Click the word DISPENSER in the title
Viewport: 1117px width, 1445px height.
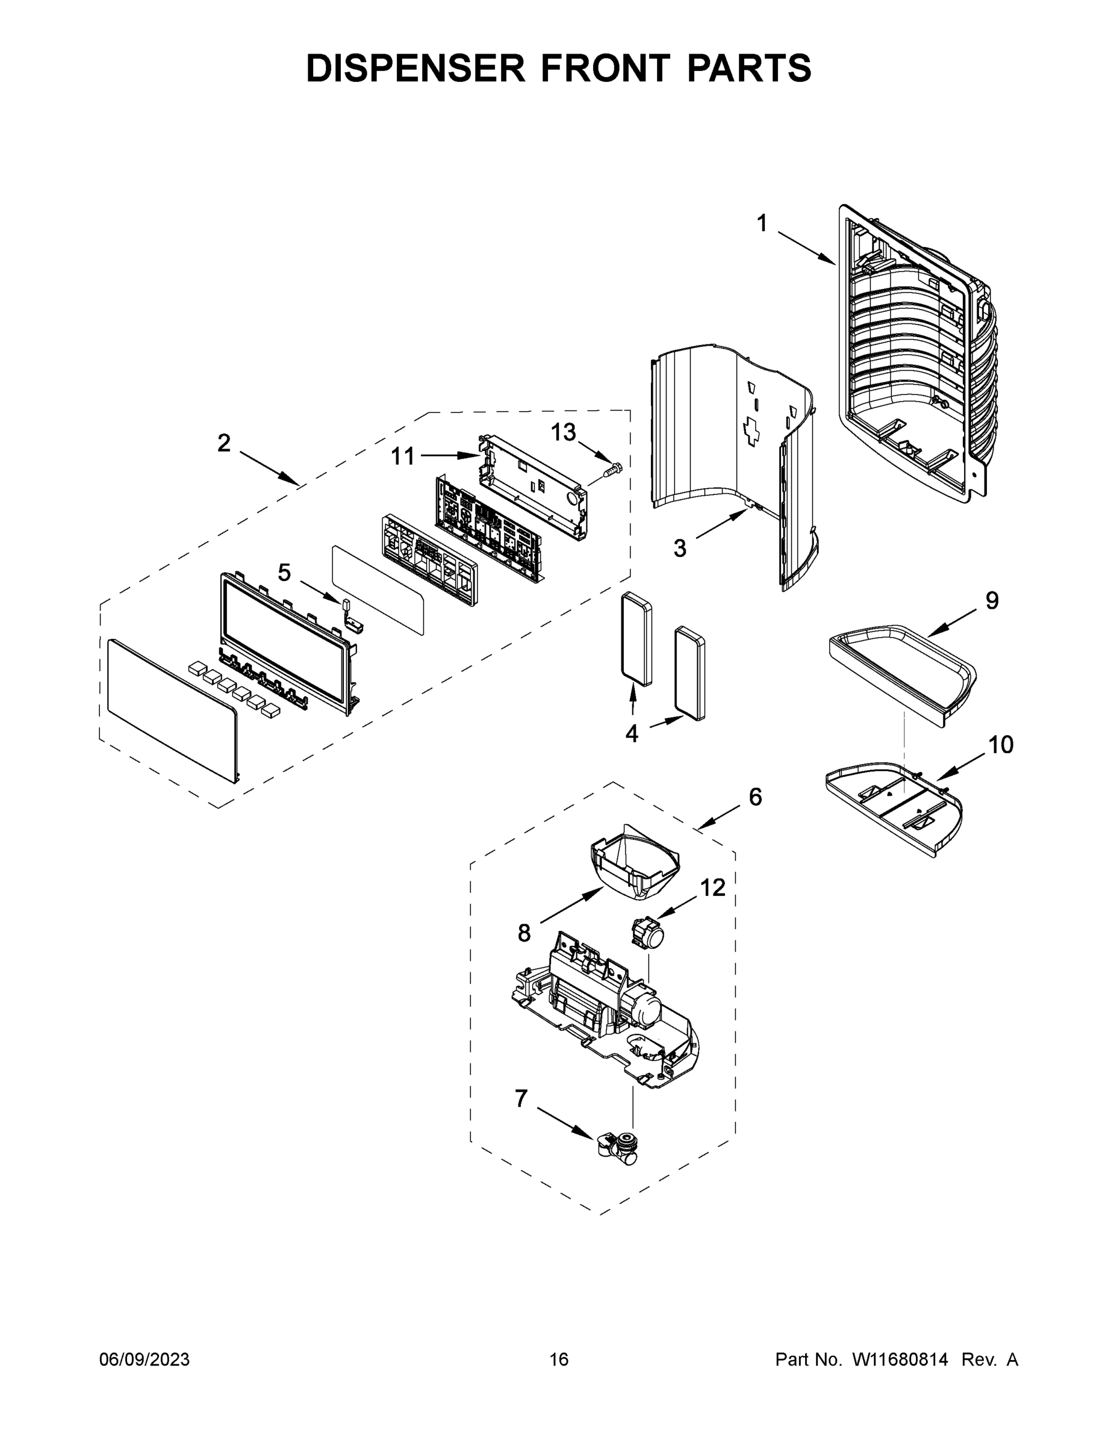(x=415, y=68)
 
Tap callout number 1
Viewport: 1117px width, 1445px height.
(x=762, y=223)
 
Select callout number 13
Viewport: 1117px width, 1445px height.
(x=563, y=433)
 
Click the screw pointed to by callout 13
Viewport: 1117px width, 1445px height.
(x=612, y=470)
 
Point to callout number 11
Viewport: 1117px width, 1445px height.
(x=402, y=456)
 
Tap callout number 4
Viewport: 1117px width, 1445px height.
(x=631, y=733)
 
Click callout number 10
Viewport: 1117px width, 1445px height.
(x=1001, y=745)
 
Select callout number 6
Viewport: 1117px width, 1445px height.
(x=755, y=797)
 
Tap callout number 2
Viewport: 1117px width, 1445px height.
(x=223, y=443)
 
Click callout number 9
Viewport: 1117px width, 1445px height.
(x=992, y=600)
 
